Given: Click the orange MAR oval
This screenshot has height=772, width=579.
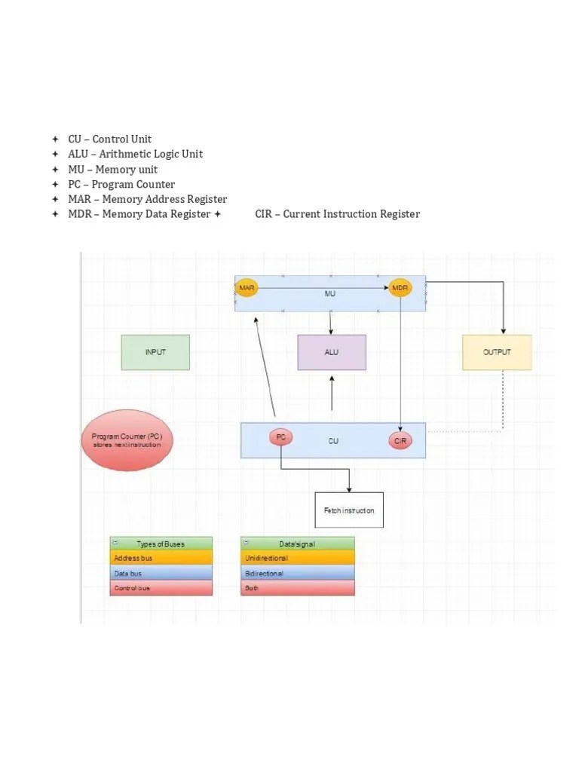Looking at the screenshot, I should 247,288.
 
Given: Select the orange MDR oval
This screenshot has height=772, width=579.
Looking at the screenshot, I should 400,288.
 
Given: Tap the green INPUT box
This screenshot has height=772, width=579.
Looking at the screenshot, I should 155,352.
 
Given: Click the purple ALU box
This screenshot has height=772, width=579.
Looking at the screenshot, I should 332,352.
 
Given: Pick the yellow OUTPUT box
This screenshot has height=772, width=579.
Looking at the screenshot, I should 497,352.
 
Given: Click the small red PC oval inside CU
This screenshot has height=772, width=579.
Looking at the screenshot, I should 280,437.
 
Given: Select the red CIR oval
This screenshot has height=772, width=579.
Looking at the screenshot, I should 400,440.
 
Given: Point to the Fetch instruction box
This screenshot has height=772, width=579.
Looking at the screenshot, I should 348,510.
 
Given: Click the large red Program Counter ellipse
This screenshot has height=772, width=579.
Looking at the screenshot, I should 127,440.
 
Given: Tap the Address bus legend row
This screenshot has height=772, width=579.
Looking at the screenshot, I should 161,558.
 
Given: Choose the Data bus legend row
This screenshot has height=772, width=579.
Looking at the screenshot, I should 161,573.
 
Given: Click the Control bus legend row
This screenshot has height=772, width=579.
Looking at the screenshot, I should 161,588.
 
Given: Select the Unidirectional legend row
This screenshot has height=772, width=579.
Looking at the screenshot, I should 297,558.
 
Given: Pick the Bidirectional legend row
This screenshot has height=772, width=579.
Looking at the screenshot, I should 297,573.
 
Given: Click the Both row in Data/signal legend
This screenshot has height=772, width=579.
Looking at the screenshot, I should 297,588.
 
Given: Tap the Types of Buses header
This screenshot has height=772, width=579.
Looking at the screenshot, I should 161,544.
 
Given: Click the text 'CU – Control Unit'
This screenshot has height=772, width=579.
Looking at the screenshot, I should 109,139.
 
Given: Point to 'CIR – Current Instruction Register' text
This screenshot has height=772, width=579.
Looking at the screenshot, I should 337,214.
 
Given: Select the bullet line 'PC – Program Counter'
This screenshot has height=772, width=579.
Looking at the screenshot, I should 121,184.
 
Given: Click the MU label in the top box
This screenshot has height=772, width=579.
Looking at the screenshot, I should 330,294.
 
